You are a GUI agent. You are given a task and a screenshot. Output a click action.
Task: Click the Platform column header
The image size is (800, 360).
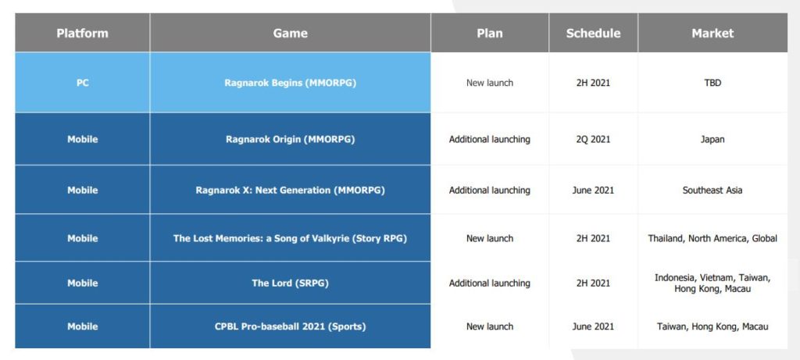(x=83, y=33)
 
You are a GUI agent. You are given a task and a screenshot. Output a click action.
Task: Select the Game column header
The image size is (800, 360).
(x=291, y=33)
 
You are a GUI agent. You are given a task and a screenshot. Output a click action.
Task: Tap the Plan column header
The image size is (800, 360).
(x=490, y=33)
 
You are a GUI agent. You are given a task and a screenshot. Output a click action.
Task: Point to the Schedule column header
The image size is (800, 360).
(x=594, y=33)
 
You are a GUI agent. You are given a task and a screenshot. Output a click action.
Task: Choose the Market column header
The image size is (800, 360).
(x=712, y=33)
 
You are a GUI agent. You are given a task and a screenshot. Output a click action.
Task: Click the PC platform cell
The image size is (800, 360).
(x=83, y=83)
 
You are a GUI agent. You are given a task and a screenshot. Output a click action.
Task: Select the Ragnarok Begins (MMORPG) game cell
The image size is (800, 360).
(x=291, y=83)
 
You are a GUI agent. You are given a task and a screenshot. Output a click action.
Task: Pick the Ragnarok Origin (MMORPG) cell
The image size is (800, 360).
(x=291, y=139)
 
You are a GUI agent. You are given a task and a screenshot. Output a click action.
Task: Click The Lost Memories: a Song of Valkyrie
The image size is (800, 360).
(x=262, y=238)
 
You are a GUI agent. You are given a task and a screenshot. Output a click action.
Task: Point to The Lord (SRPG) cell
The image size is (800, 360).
(x=291, y=283)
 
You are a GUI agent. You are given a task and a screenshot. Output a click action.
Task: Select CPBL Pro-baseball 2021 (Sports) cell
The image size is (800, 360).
(x=291, y=326)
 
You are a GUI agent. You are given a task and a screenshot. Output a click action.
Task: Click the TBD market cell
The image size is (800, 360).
(x=712, y=83)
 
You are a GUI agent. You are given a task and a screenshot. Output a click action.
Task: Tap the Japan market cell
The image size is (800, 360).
(x=712, y=139)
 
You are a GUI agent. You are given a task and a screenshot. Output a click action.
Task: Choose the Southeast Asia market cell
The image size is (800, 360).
(x=712, y=191)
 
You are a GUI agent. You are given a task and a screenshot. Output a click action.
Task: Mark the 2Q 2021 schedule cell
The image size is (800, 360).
(x=594, y=139)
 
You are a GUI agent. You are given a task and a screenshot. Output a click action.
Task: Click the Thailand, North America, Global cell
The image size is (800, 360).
(x=712, y=238)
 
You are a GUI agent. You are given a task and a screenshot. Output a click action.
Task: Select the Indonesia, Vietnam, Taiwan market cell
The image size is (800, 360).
(x=712, y=283)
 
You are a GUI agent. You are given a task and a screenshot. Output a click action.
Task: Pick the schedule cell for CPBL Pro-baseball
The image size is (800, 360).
(x=594, y=326)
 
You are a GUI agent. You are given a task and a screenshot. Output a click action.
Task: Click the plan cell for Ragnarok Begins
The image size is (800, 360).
(x=490, y=83)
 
